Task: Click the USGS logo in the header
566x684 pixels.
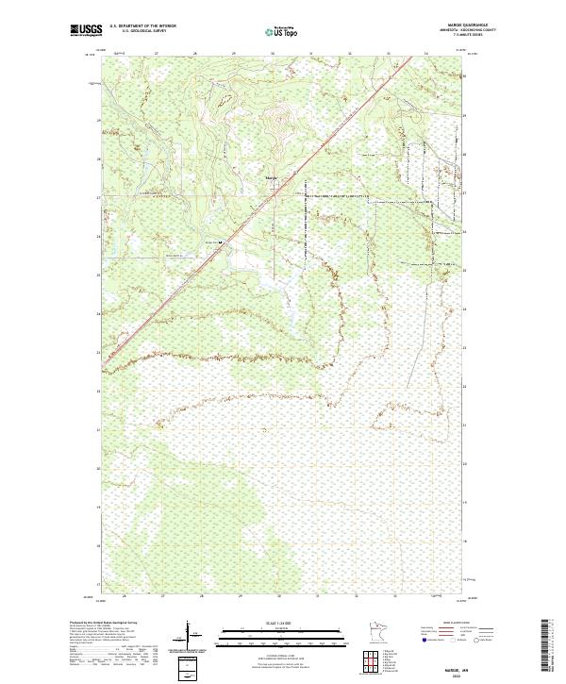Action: click(86, 30)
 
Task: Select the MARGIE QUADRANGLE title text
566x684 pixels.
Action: click(474, 26)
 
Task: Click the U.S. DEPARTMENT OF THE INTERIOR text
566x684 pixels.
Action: click(142, 26)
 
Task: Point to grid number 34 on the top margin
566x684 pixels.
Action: click(427, 54)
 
